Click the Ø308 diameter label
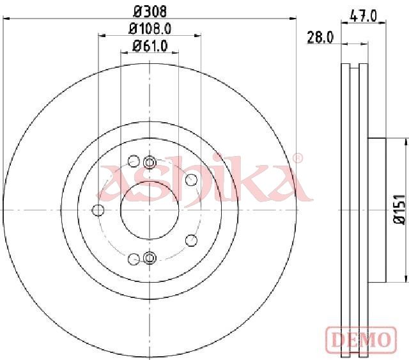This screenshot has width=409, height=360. pos(150,12)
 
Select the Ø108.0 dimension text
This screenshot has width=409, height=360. pos(150,29)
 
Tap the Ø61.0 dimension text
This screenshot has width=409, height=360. pos(150,46)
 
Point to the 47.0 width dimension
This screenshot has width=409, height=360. pos(364,16)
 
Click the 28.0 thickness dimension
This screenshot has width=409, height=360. pos(320,37)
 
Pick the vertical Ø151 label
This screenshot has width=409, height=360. pos(399,209)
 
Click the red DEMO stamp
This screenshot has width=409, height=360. pos(361,339)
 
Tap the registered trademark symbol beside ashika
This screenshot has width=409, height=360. pos(298,158)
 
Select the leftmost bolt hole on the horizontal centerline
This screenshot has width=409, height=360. pos(98,210)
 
